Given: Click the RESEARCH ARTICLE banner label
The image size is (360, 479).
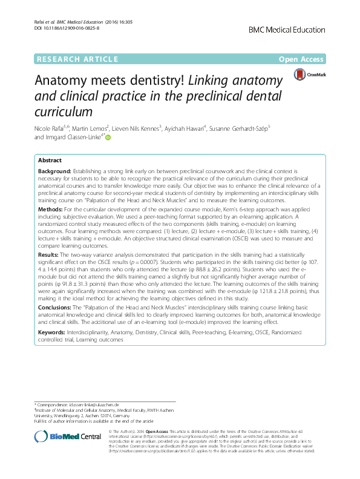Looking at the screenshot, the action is pos(77,59).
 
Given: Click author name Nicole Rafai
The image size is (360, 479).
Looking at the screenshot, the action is pos(51,128).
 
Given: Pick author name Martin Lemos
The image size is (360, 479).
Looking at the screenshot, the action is pos(90,128).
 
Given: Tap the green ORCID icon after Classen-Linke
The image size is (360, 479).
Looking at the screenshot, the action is pos(109,138).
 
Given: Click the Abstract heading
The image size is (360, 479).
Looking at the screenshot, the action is pos(50,161).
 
